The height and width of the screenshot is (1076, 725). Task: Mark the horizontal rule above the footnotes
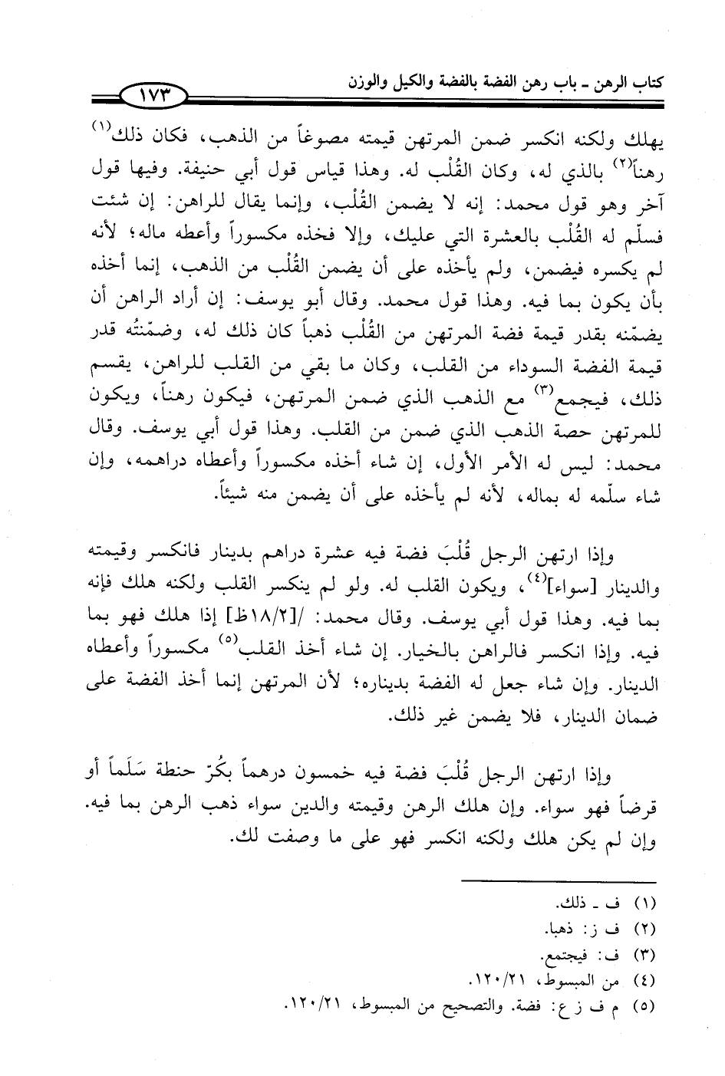coord(559,880)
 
